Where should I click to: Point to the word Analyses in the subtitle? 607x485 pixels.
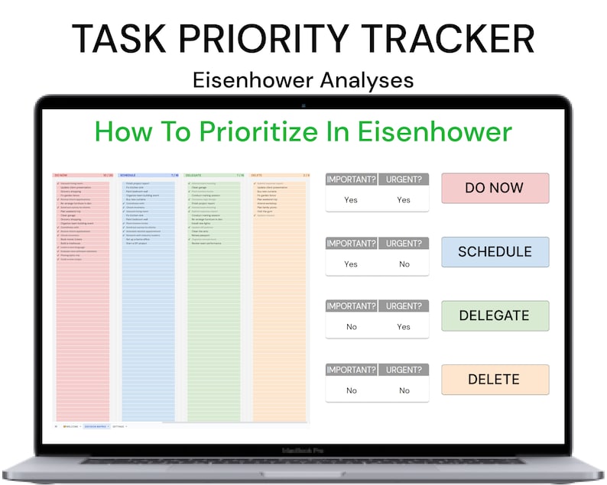pyautogui.click(x=372, y=79)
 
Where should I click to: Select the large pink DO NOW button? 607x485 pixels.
pyautogui.click(x=495, y=188)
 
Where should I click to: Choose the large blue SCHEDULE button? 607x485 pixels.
pyautogui.click(x=495, y=251)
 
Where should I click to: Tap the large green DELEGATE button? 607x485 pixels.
pyautogui.click(x=495, y=315)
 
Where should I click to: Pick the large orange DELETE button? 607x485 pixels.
pyautogui.click(x=495, y=380)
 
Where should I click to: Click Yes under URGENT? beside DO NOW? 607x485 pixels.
pyautogui.click(x=404, y=200)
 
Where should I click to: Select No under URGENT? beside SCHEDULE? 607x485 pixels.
pyautogui.click(x=404, y=264)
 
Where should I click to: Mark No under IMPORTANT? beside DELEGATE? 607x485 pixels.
pyautogui.click(x=351, y=327)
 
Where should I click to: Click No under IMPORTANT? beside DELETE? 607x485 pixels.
pyautogui.click(x=351, y=391)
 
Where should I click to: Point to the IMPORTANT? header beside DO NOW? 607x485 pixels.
pyautogui.click(x=351, y=180)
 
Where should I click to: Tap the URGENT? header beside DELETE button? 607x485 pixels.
pyautogui.click(x=404, y=371)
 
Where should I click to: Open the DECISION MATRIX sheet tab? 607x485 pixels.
pyautogui.click(x=96, y=426)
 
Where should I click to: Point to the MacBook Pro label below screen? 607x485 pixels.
pyautogui.click(x=303, y=451)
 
